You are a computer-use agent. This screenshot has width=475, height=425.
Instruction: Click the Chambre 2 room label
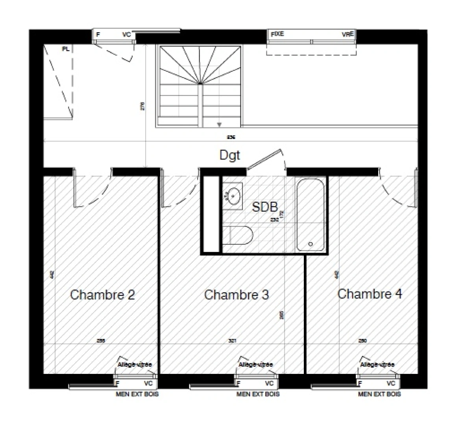pos(102,295)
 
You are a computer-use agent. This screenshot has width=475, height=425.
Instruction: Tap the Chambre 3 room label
pos(237,295)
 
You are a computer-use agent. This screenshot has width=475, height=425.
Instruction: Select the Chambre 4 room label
pos(370,294)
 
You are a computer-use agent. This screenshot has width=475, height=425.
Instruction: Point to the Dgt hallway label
pos(230,155)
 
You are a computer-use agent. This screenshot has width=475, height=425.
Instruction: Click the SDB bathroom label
pos(265,207)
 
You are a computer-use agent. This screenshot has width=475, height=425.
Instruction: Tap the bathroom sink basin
pos(234,195)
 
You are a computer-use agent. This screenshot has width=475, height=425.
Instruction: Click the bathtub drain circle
pos(311,244)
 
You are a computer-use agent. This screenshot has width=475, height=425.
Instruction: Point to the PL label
pos(65,49)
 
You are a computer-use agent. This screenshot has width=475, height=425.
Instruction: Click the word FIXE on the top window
pos(277,34)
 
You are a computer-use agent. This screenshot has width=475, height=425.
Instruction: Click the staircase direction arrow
pos(219,125)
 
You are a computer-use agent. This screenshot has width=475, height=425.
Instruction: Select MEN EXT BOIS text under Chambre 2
pos(137,394)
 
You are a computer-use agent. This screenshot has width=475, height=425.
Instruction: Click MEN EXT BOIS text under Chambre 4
pos(379,394)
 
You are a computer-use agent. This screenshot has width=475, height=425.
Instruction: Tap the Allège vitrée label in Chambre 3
pos(256,365)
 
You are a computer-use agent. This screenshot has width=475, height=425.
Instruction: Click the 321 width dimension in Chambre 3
pos(232,341)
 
